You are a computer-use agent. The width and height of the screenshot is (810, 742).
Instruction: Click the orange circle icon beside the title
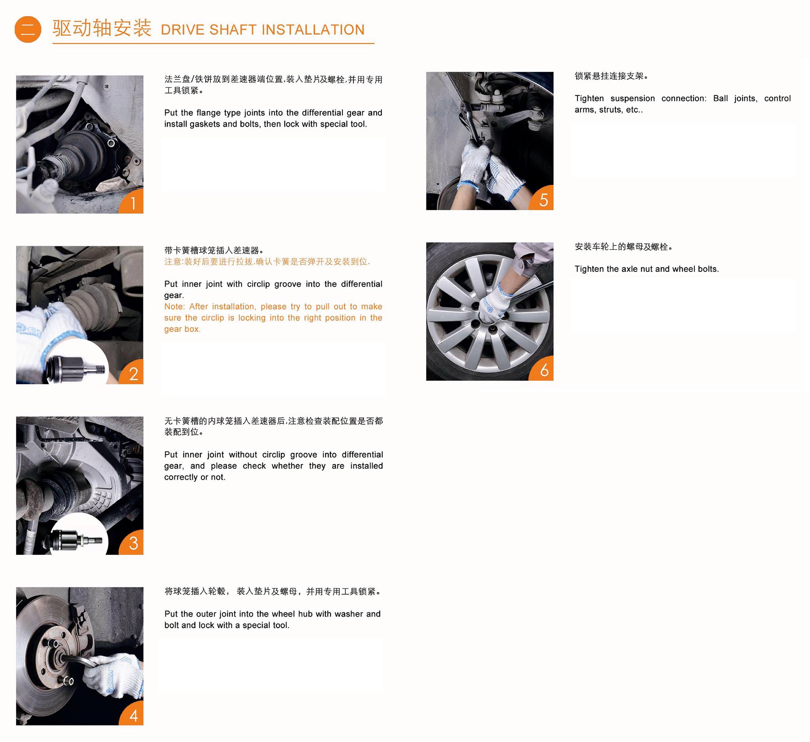[x=28, y=29]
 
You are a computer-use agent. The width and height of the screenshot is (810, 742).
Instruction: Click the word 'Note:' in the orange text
[x=174, y=307]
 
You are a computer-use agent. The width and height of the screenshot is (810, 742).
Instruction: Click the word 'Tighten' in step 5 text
[x=589, y=99]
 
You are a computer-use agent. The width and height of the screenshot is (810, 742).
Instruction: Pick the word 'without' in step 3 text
[x=243, y=455]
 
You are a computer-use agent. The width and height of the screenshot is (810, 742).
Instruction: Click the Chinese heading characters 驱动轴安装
[x=102, y=28]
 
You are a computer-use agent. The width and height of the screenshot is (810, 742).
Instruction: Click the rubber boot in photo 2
[x=95, y=306]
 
